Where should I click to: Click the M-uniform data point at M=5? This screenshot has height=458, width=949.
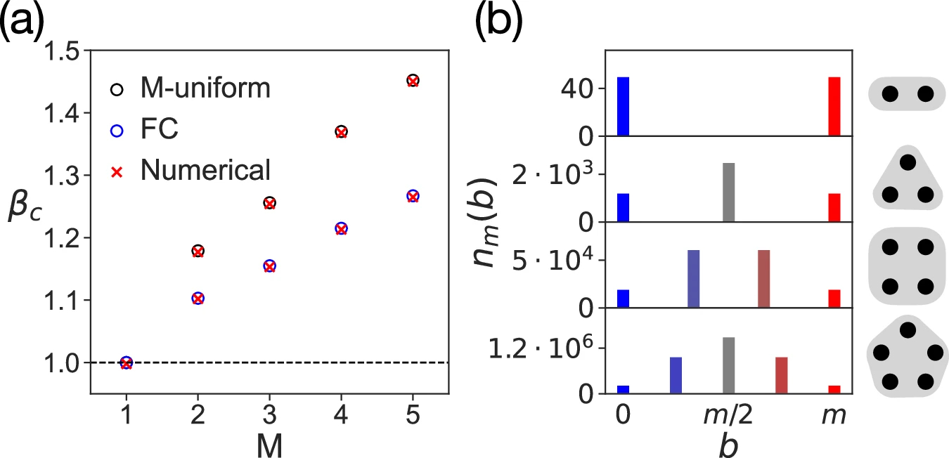[x=413, y=81]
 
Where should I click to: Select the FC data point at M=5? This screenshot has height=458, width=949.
[x=413, y=196]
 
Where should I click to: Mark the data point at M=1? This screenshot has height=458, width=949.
[x=126, y=362]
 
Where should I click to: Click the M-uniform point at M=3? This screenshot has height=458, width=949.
[x=269, y=203]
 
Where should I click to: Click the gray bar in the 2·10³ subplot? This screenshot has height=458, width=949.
[x=728, y=192]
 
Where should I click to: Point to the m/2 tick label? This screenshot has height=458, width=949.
[x=728, y=416]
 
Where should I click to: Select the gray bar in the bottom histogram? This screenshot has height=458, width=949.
[x=728, y=366]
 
